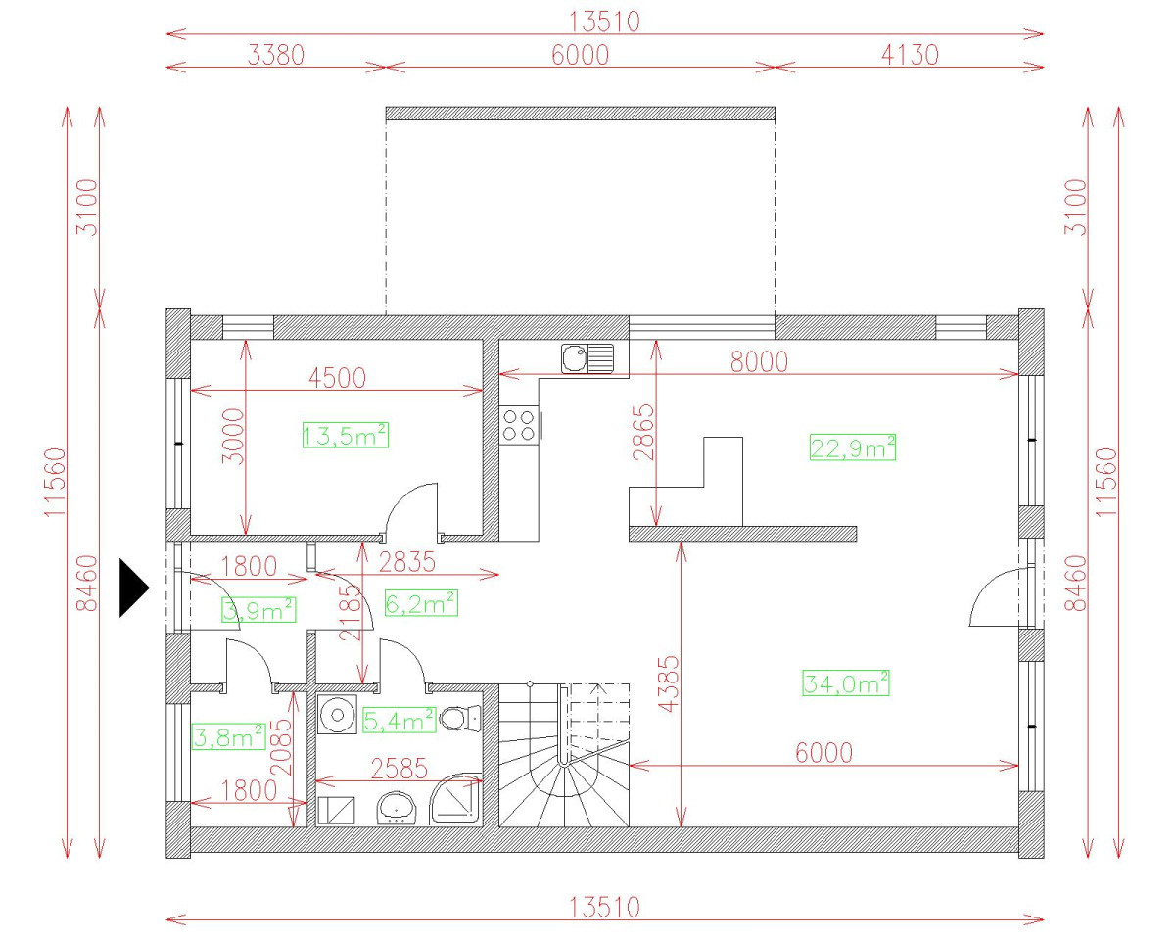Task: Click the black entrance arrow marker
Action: (133, 588)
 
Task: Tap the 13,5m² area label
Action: (346, 436)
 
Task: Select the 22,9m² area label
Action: (853, 447)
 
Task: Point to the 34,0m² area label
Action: (846, 682)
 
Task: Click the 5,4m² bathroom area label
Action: (399, 721)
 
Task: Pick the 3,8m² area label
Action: (229, 736)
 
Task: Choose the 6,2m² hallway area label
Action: (421, 603)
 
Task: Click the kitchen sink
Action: (587, 358)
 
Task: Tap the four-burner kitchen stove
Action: (519, 426)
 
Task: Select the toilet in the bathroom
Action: (460, 719)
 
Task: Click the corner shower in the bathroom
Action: (456, 798)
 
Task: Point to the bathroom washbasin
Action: (396, 808)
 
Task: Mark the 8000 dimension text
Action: (760, 361)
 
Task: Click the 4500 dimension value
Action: (338, 378)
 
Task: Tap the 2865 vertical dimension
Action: (643, 432)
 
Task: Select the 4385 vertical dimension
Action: (669, 683)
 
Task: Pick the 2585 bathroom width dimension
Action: (399, 769)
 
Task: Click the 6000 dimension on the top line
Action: (580, 55)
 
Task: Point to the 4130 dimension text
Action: (911, 55)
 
